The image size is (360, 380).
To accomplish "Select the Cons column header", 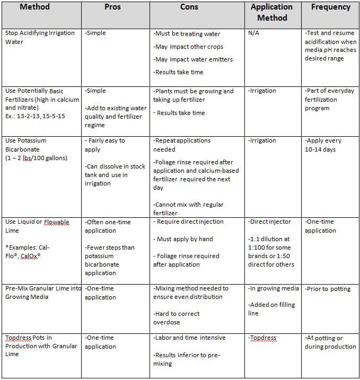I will pos(199,7).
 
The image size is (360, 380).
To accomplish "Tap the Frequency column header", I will pos(330,7).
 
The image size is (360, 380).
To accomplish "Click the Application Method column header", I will pos(271,12).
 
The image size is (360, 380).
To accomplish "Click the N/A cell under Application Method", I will pos(254,33).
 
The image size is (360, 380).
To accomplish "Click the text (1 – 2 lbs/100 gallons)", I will pos(36,158).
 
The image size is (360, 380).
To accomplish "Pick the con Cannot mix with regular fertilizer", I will pos(188,209).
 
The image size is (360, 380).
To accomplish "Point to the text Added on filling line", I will pos(272,309).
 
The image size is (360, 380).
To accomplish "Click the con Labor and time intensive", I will pos(189,338).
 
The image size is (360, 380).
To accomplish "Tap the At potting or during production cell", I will pos(330,342).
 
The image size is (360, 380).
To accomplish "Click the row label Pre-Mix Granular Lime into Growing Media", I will pos(42,293).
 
